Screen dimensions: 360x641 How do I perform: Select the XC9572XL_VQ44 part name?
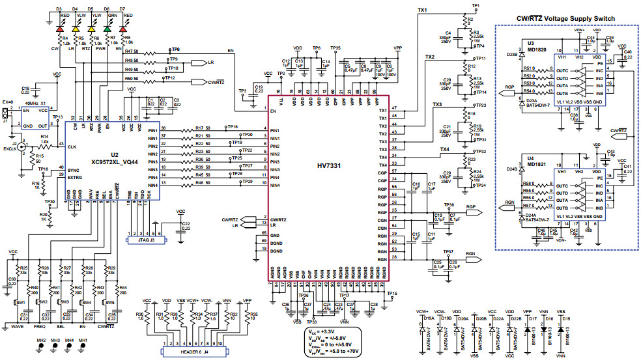114,161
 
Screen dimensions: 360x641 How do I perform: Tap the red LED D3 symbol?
61,29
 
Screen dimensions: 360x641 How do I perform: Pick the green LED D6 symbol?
108,29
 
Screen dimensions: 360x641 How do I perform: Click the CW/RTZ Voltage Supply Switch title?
565,18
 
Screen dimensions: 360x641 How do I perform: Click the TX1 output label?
421,11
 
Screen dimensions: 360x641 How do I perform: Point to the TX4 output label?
444,150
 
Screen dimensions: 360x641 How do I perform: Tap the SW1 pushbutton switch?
20,303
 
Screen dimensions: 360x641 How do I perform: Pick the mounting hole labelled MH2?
40,340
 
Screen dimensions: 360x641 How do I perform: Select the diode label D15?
565,318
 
